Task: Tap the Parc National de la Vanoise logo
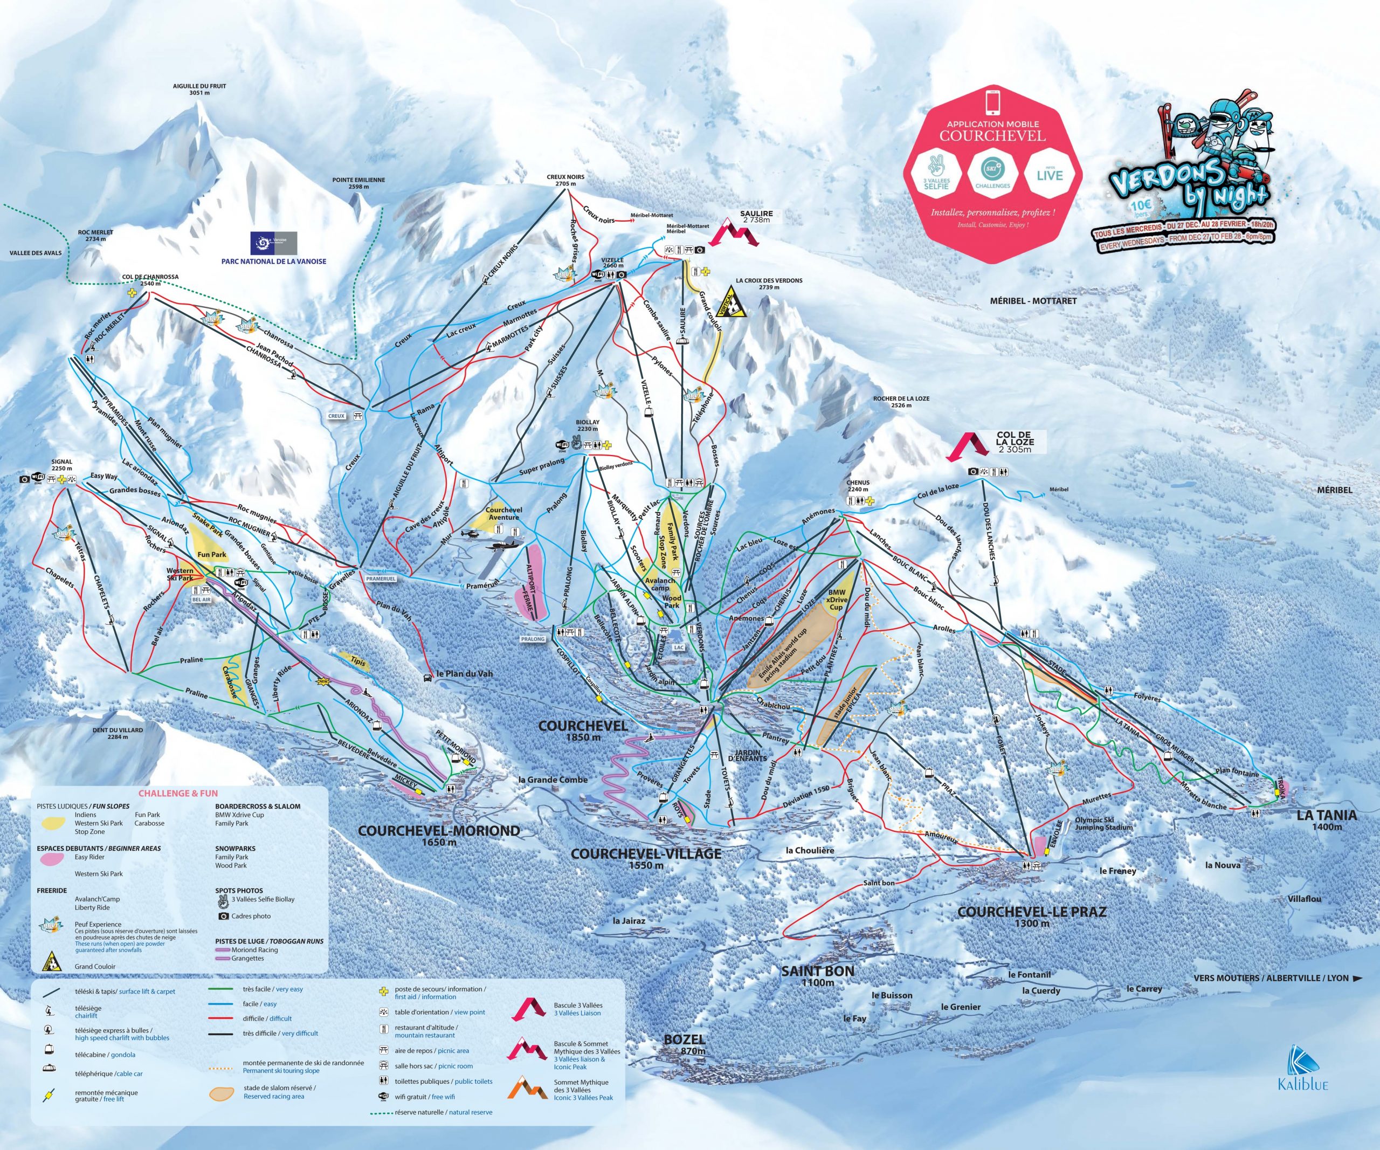(x=273, y=244)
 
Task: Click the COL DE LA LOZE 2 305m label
(x=1013, y=442)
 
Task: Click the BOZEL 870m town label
(x=684, y=1044)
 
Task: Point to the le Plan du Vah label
(x=464, y=673)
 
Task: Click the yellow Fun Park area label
(x=212, y=555)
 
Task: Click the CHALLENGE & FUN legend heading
(x=177, y=794)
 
